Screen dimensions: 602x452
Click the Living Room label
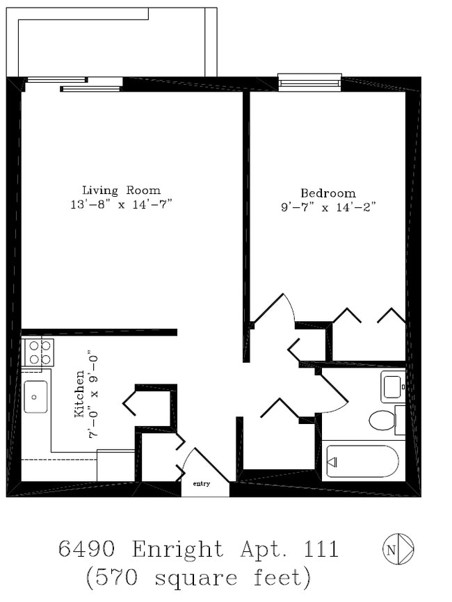point(121,190)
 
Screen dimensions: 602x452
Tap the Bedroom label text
point(328,193)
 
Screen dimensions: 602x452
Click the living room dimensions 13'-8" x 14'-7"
point(121,204)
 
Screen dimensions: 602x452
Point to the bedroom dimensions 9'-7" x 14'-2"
point(328,207)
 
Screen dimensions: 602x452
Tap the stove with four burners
point(38,352)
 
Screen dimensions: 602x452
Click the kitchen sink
point(35,396)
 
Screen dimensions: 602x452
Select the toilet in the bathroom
point(382,420)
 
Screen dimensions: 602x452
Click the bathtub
point(362,461)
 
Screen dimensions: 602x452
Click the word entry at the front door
point(201,484)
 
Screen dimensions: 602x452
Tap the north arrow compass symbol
point(398,548)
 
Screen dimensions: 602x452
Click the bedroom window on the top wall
point(309,83)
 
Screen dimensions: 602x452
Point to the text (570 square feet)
point(197,577)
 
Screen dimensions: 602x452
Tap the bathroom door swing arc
point(335,396)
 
